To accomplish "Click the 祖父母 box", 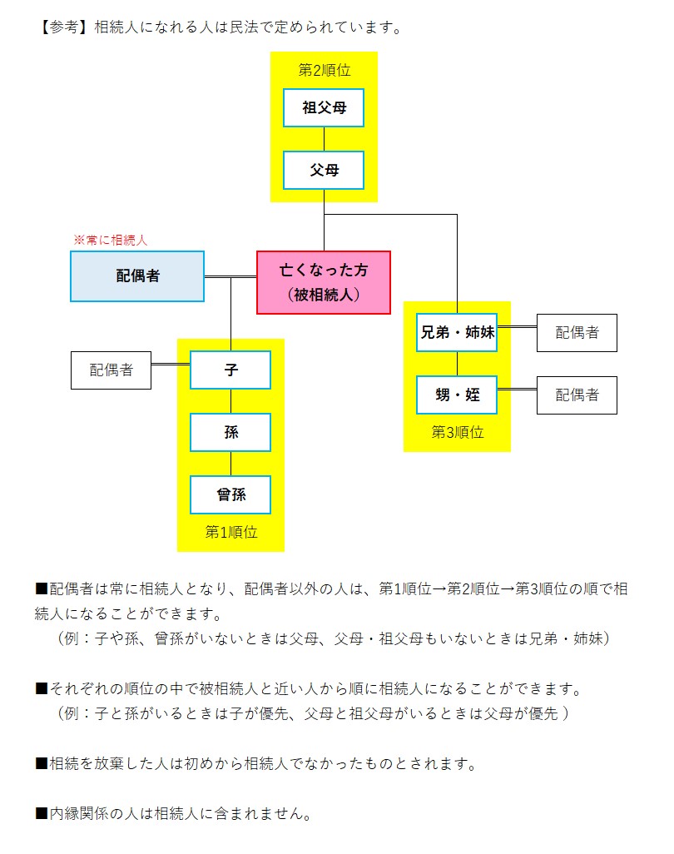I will [x=324, y=108].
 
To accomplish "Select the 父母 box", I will [x=324, y=171].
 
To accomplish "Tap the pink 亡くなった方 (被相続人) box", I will [x=324, y=282].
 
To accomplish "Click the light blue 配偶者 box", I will [x=137, y=276].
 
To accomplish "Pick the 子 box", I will [x=230, y=370].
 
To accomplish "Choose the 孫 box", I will [x=230, y=432].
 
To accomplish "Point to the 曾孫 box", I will [x=230, y=494].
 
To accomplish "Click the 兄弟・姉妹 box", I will [x=457, y=333].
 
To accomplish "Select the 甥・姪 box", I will [x=457, y=395].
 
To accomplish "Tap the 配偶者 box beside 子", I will [x=112, y=370].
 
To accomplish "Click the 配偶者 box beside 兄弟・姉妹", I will [x=577, y=333].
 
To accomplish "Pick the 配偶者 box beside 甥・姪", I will [x=577, y=395].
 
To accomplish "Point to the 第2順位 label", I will [x=324, y=70].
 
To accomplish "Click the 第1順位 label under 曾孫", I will [x=230, y=533].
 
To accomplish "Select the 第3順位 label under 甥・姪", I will [x=457, y=433].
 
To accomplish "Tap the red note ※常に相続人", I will [x=111, y=240].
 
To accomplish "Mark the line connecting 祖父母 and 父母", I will [x=324, y=139].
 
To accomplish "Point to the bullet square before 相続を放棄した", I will [x=42, y=763].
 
